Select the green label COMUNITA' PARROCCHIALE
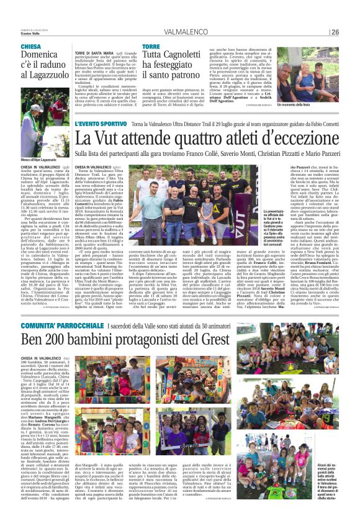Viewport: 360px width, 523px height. [x=58, y=325]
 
